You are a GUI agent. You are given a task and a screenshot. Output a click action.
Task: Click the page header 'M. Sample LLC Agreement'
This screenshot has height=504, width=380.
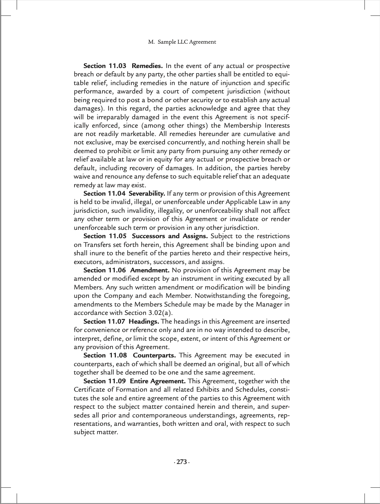(182, 42)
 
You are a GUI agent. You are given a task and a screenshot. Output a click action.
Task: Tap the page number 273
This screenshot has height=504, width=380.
(182, 462)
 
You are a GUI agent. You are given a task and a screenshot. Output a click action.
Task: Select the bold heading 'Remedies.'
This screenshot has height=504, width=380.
(147, 66)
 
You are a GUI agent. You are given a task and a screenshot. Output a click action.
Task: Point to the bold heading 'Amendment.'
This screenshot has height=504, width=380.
(150, 270)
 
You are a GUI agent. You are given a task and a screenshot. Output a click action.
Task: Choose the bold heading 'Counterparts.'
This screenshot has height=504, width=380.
(154, 355)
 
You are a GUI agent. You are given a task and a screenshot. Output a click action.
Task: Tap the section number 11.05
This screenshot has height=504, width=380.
(117, 236)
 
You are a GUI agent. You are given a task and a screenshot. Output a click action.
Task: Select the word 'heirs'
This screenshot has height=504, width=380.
(281, 253)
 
